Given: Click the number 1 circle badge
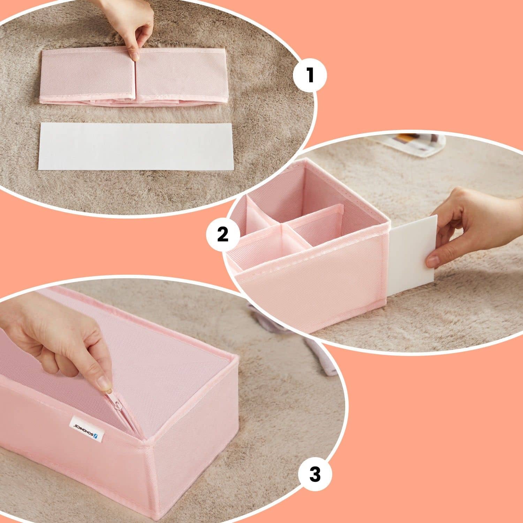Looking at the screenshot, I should tap(310, 75).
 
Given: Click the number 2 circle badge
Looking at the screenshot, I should tap(222, 234).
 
